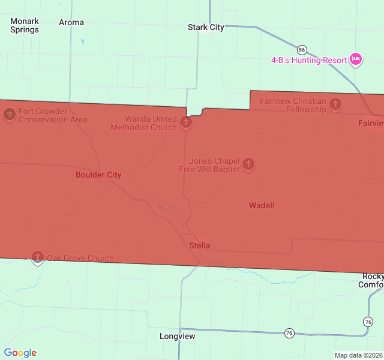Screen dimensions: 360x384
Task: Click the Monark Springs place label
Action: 25,25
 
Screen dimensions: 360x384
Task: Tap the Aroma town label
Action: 71,22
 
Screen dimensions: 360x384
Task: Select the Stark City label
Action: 206,27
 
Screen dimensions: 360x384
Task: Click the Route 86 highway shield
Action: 302,50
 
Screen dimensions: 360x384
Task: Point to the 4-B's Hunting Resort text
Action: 309,60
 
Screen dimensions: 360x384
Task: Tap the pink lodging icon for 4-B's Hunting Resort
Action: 356,59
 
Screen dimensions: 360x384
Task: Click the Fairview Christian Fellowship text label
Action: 293,105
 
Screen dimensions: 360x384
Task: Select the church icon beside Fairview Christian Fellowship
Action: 335,104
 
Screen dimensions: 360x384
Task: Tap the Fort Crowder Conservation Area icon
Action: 9,113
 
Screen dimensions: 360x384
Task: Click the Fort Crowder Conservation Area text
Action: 53,115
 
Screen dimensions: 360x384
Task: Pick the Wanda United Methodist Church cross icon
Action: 186,123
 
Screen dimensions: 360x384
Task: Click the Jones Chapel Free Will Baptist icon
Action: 248,163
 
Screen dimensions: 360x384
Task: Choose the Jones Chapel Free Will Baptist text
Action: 209,165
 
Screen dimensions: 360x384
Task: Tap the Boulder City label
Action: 98,175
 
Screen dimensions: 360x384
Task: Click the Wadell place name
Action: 262,205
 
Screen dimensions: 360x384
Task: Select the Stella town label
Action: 200,245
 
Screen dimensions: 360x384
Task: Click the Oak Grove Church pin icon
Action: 38,257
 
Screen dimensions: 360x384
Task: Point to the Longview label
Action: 178,336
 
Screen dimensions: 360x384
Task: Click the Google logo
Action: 20,353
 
